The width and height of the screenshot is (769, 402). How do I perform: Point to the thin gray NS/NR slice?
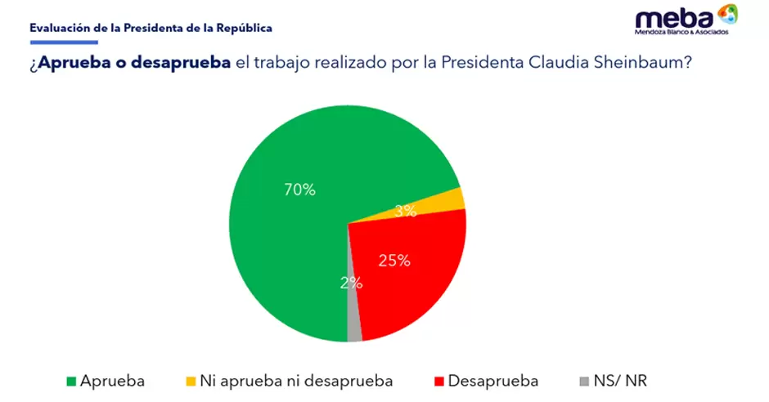pyautogui.click(x=353, y=323)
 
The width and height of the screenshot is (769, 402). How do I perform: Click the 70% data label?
pyautogui.click(x=299, y=190)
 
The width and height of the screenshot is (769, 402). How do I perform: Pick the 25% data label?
pyautogui.click(x=393, y=261)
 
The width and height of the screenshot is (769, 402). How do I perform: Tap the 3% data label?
pyautogui.click(x=406, y=211)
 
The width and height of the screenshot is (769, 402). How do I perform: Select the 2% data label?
pyautogui.click(x=352, y=283)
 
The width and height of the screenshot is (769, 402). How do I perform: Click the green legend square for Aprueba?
pyautogui.click(x=71, y=382)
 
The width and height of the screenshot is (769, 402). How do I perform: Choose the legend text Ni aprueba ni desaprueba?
pyautogui.click(x=297, y=381)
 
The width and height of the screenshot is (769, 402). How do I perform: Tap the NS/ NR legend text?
pyautogui.click(x=622, y=381)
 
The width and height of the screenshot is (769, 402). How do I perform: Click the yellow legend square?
pyautogui.click(x=191, y=382)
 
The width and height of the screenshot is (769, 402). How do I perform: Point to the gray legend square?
pyautogui.click(x=582, y=382)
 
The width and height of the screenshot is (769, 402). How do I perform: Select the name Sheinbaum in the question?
pyautogui.click(x=647, y=65)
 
